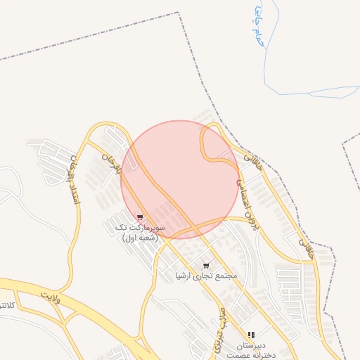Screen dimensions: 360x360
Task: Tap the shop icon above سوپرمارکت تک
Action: tap(141, 217)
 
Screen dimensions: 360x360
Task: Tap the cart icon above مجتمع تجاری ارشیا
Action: tap(205, 266)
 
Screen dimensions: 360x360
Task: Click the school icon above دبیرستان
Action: tap(251, 335)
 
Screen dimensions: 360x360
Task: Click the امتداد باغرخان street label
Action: tap(71, 180)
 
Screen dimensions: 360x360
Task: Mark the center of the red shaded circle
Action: tap(179, 179)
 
